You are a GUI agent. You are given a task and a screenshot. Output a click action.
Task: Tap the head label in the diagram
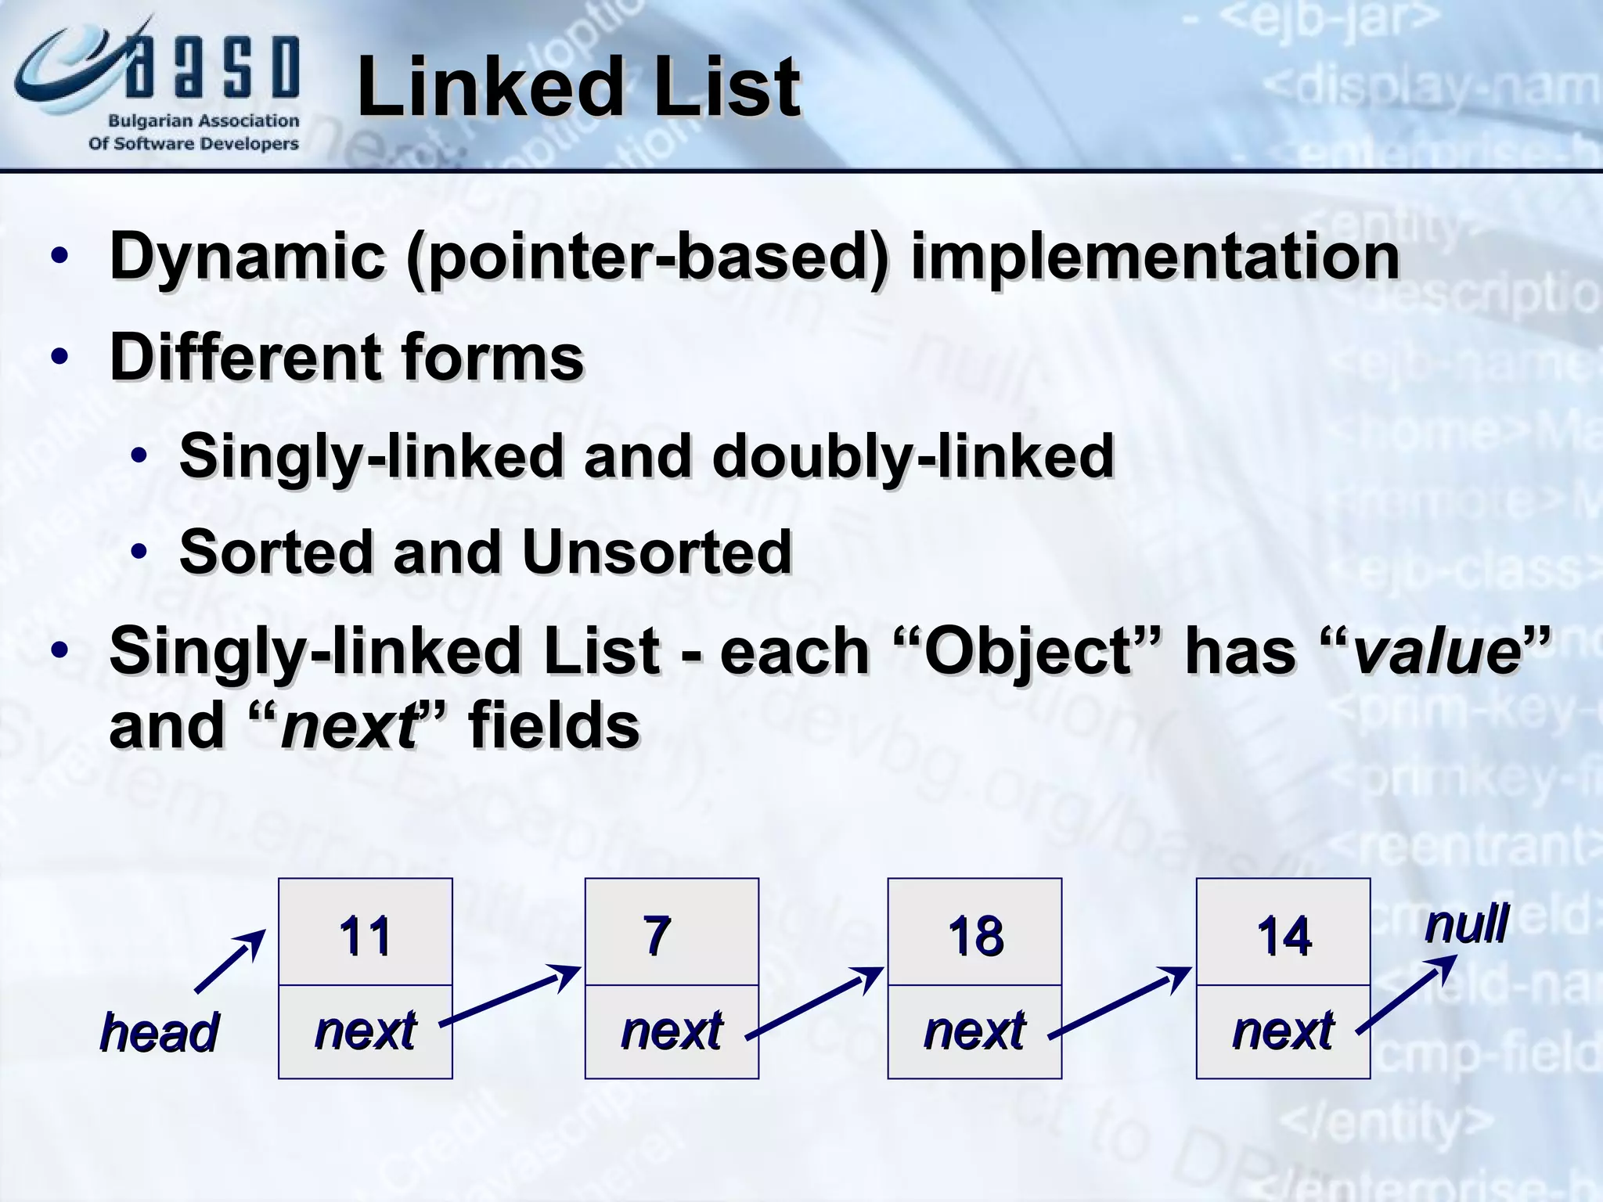pyautogui.click(x=160, y=1032)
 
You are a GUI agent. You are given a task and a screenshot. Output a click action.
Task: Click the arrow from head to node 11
pyautogui.click(x=230, y=963)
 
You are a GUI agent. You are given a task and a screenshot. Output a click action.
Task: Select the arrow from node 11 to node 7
pyautogui.click(x=510, y=995)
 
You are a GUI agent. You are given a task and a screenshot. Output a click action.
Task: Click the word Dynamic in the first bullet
pyautogui.click(x=247, y=257)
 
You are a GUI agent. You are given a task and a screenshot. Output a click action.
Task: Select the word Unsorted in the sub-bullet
pyautogui.click(x=656, y=552)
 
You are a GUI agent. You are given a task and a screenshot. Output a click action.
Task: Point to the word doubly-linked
pyautogui.click(x=913, y=456)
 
